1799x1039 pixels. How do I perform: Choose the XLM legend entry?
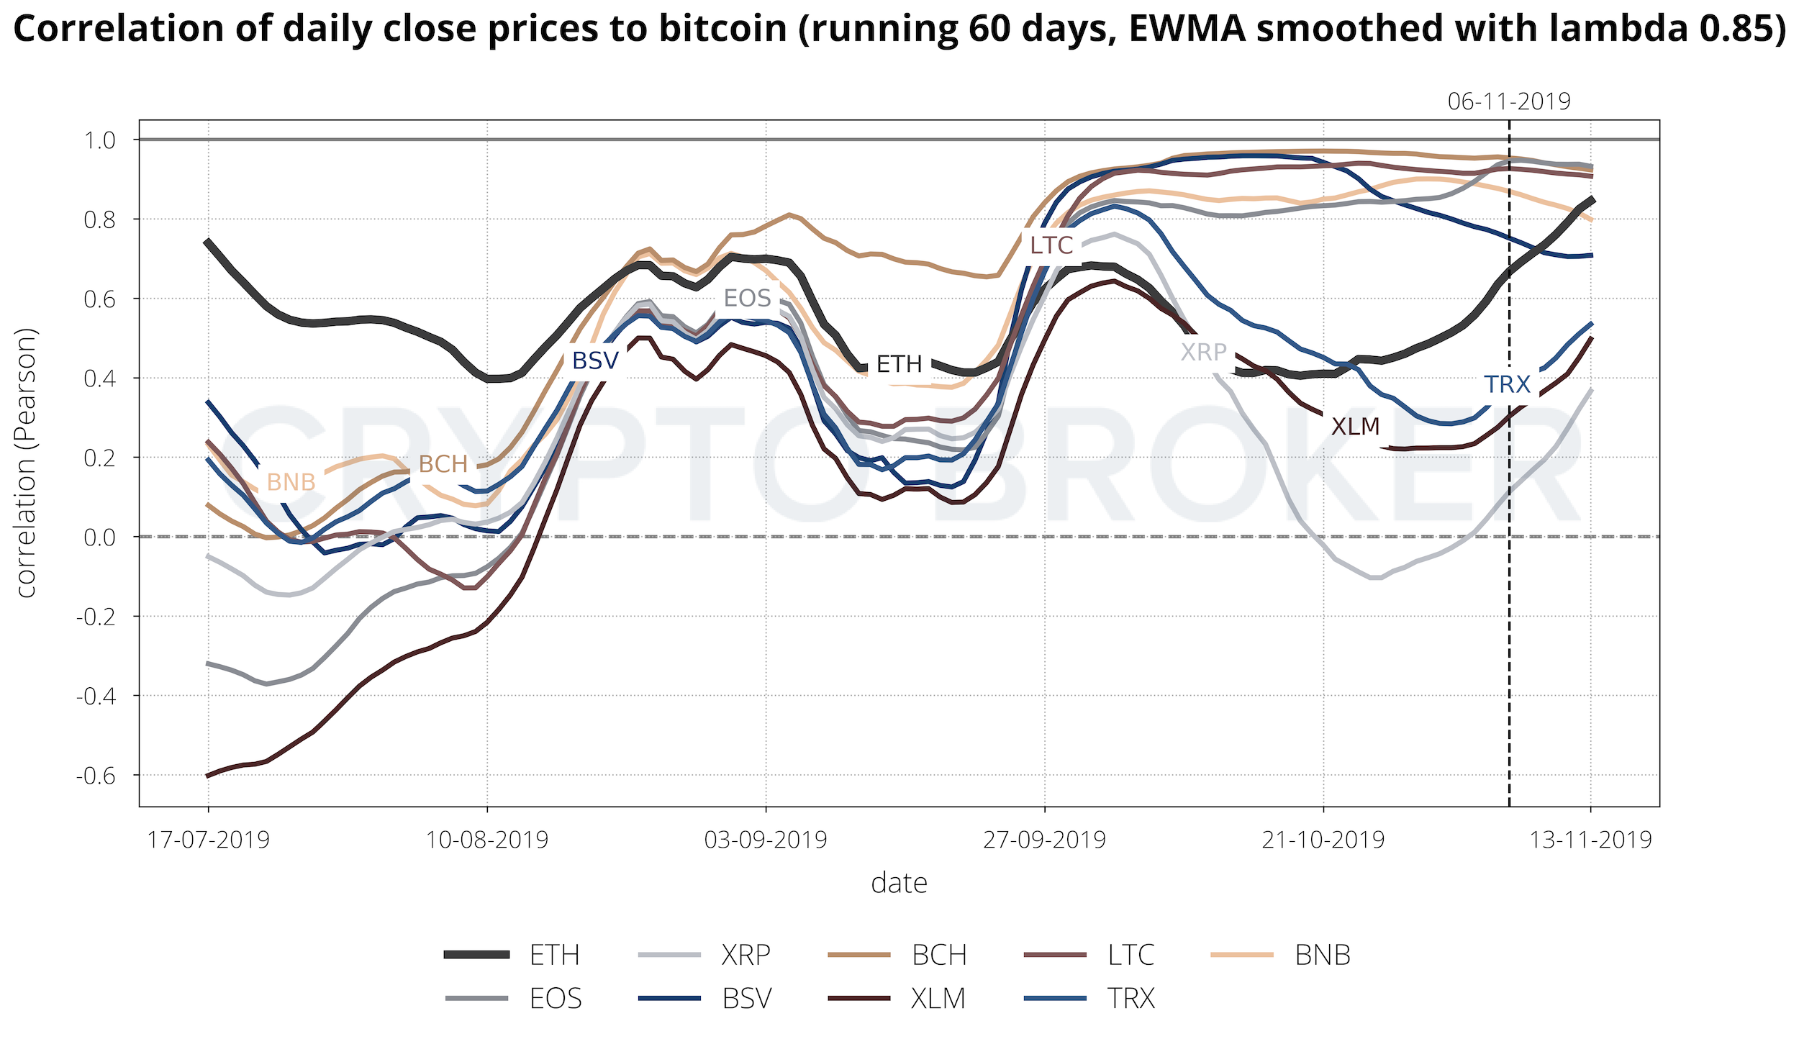[938, 999]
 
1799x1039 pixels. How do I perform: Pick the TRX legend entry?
[1130, 999]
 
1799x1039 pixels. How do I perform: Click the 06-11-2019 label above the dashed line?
[1509, 101]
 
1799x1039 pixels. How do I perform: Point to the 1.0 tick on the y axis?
[99, 140]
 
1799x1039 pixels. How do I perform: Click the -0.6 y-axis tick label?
[96, 776]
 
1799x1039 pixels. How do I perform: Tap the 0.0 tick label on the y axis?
[99, 537]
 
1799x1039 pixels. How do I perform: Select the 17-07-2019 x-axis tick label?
[209, 840]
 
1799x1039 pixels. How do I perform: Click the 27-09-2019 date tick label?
[1044, 840]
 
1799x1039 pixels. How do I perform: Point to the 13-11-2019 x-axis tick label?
[1590, 840]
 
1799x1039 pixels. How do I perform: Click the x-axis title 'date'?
[899, 883]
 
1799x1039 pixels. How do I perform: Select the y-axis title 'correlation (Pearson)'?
[26, 463]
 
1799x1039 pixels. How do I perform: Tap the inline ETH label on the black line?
[899, 364]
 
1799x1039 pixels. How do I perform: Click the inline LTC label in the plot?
[1051, 245]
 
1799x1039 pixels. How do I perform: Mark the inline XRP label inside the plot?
[1203, 352]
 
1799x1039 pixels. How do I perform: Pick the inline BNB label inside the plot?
[291, 482]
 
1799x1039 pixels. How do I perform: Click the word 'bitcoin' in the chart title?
[733, 29]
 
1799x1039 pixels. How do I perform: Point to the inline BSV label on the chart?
[595, 360]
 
